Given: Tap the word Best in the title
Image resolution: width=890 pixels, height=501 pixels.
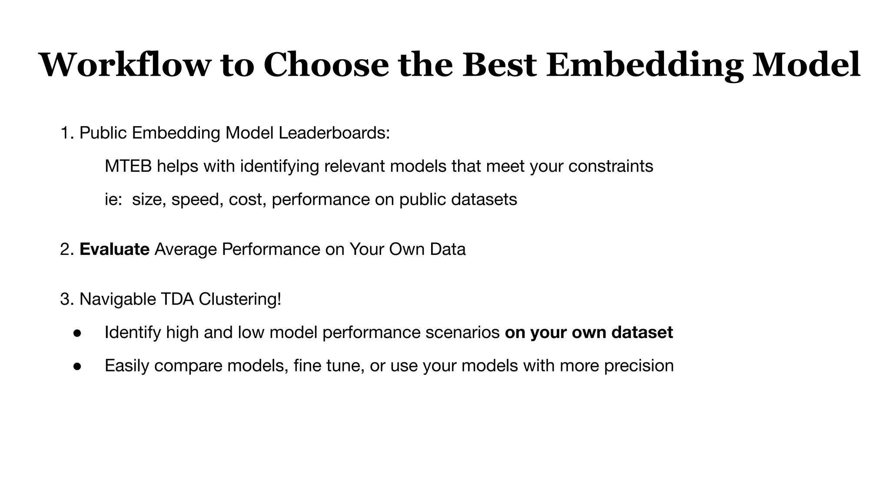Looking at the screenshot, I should point(499,65).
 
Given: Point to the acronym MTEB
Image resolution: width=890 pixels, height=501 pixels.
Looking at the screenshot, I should point(128,166).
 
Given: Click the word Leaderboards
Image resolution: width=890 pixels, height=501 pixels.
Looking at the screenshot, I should point(334,133).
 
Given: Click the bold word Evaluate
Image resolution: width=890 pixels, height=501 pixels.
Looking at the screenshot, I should point(114,249).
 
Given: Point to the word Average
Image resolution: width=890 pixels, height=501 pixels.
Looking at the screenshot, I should point(186,249).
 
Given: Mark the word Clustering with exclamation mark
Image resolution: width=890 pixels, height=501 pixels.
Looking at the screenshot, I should point(240,299).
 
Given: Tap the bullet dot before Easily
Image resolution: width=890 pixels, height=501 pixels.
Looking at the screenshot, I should point(77,366).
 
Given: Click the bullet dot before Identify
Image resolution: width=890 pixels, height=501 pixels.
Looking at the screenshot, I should point(77,333).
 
